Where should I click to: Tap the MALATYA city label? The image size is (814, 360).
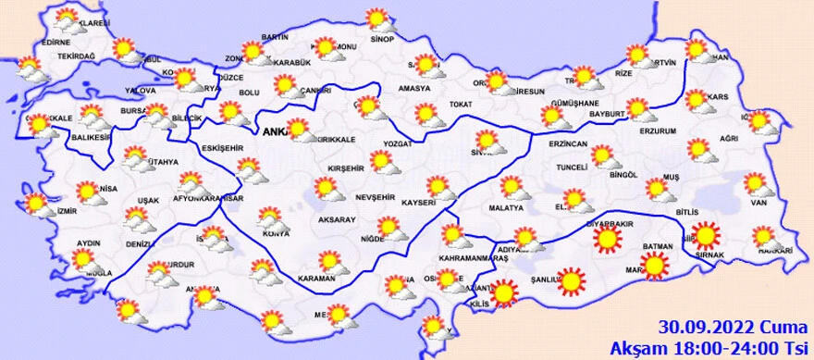pos(506,207)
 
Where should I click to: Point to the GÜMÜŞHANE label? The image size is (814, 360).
pos(574,103)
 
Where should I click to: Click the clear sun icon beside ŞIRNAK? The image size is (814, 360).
pos(708,235)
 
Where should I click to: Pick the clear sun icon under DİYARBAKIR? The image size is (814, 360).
pos(607,242)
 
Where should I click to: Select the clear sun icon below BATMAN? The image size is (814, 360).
pos(655,267)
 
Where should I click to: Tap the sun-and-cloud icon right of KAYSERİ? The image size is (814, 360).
pos(441,189)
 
